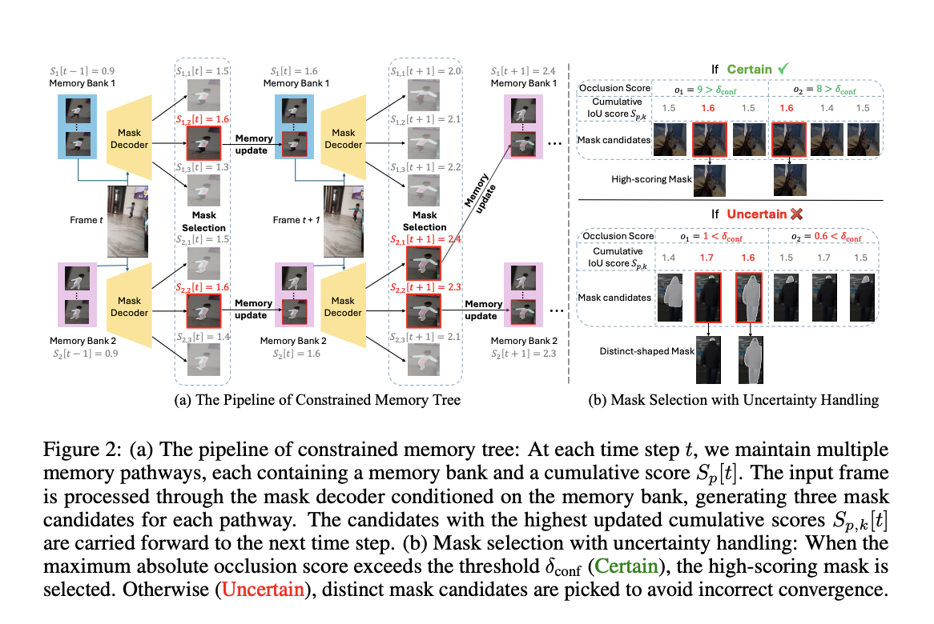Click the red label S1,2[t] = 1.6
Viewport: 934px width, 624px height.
[203, 120]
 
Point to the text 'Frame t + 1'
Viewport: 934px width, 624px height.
[296, 220]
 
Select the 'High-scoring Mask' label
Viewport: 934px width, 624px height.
[650, 180]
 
